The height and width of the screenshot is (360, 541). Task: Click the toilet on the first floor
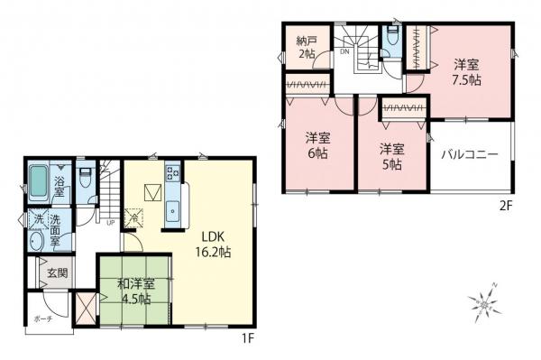[x=84, y=175]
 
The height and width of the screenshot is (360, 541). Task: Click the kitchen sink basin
[x=171, y=213]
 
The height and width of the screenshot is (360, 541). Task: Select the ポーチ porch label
[x=43, y=318]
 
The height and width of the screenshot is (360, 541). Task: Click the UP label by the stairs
[x=110, y=223]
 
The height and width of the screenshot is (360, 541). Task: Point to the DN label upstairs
[x=344, y=51]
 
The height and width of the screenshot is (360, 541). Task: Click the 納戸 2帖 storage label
[x=307, y=47]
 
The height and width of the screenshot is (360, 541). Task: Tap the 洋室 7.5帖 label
[x=465, y=73]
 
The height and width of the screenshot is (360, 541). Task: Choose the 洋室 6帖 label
[x=316, y=145]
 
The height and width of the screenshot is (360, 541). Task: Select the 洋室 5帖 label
[x=390, y=155]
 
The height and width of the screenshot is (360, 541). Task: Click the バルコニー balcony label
[x=469, y=154]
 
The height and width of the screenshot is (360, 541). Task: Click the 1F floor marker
[x=246, y=338]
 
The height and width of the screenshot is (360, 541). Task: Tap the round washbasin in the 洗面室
[x=37, y=242]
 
